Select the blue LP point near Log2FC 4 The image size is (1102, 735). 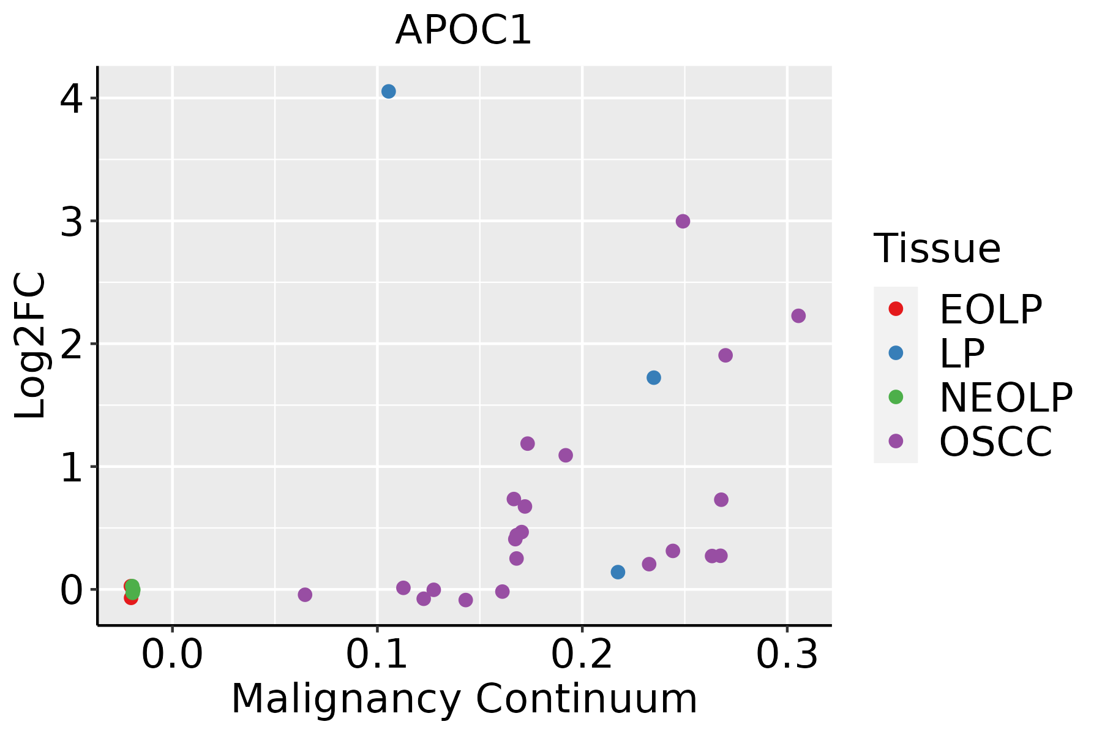point(388,91)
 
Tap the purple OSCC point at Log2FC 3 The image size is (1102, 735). point(683,221)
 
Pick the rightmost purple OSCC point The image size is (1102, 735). point(798,315)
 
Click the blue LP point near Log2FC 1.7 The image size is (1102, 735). point(653,377)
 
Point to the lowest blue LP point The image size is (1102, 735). point(618,571)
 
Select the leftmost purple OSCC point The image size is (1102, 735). point(305,594)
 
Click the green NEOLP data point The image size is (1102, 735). point(132,589)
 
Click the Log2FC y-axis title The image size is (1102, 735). point(31,345)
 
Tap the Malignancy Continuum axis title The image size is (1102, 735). point(464,699)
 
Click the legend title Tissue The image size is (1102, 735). point(937,249)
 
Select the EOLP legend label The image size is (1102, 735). point(990,310)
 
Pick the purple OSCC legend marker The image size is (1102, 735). point(896,441)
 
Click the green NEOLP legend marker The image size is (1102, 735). point(896,397)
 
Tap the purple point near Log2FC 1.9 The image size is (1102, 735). point(725,355)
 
